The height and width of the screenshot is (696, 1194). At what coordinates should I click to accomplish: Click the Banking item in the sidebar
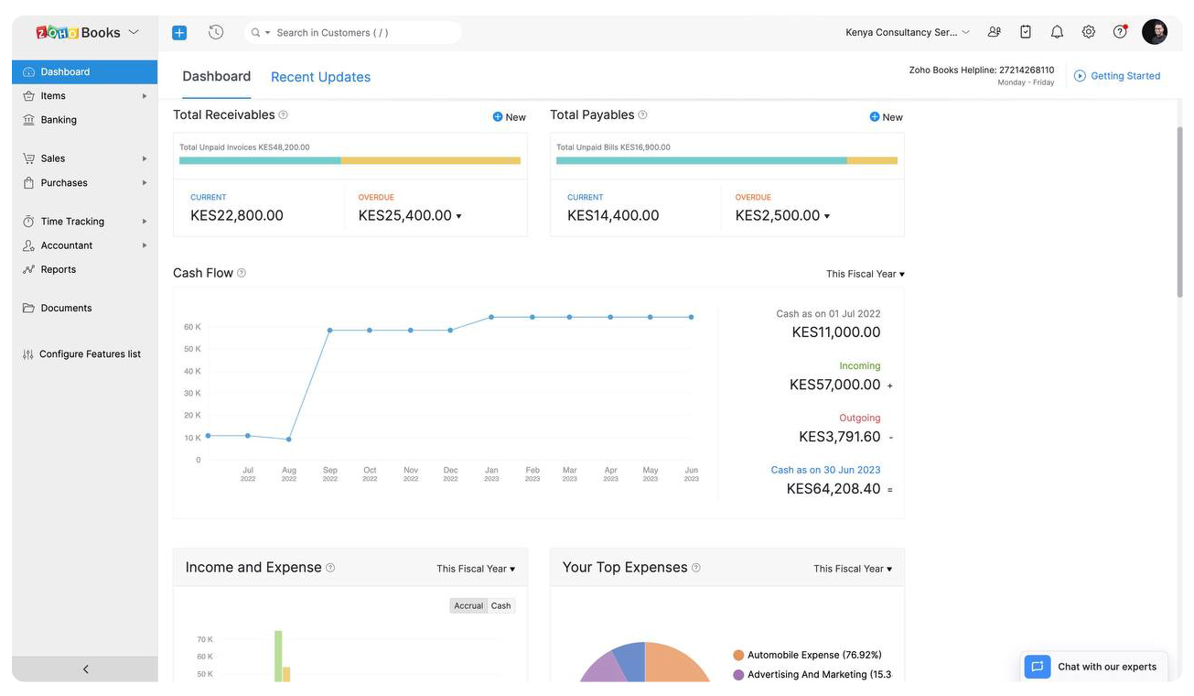[x=59, y=120]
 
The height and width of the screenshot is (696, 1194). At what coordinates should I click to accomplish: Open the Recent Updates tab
[x=320, y=77]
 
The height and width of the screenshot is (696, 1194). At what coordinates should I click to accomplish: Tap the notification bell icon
[x=1057, y=32]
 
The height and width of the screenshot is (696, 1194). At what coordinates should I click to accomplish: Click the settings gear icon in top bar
[x=1088, y=32]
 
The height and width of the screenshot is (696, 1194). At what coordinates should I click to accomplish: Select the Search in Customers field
[x=357, y=33]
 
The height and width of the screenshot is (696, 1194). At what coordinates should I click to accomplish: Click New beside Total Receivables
[x=510, y=117]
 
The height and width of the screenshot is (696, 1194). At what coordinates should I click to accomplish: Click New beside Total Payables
[x=887, y=117]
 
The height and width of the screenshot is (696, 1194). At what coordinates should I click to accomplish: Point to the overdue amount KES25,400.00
[x=404, y=216]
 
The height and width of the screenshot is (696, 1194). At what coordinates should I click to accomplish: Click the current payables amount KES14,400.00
[x=613, y=216]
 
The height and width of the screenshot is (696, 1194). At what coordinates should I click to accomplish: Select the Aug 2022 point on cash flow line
[x=289, y=440]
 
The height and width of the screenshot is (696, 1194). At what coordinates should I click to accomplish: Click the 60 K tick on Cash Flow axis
[x=192, y=327]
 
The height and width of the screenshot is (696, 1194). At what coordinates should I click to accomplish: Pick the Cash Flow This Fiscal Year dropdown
[x=865, y=274]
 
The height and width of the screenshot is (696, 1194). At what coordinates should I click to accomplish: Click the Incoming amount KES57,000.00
[x=834, y=386]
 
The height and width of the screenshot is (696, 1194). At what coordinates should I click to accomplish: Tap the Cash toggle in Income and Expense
[x=501, y=606]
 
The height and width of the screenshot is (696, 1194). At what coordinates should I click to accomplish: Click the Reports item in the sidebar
[x=59, y=269]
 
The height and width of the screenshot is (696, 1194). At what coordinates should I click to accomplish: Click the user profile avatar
[x=1155, y=32]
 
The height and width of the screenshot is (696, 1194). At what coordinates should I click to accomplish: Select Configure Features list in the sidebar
[x=90, y=354]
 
